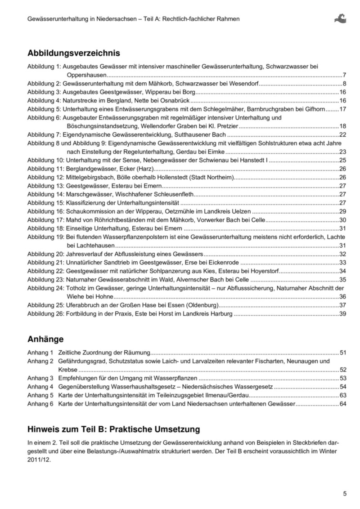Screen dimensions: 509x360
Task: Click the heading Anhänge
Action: coord(45,339)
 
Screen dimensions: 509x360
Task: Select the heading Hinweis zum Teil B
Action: coord(114,429)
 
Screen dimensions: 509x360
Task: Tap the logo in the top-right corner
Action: coord(340,18)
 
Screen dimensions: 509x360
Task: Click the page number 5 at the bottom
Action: coord(345,494)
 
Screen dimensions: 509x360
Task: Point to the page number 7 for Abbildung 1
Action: coord(344,75)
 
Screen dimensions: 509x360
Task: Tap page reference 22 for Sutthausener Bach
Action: coord(342,134)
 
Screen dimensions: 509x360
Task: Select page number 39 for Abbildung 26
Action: coord(342,314)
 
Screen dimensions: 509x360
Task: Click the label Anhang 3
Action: coord(40,378)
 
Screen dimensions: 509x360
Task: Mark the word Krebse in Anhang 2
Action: coord(68,369)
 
